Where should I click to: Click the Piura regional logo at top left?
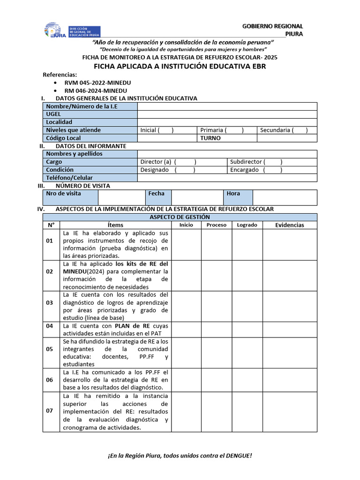pos(55,30)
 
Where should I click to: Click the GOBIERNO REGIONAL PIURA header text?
pos(272,30)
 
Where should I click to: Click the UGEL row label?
pos(53,114)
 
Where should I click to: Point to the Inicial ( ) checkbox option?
pos(157,130)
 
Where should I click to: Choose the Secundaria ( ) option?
pos(284,130)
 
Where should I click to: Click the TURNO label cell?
pos(210,138)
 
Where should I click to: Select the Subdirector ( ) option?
pos(256,162)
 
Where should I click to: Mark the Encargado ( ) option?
pos(256,170)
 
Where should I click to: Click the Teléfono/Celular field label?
pos(69,178)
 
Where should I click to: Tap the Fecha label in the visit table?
pos(157,193)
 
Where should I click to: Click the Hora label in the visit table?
pos(233,193)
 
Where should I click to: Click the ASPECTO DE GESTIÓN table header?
pos(180,217)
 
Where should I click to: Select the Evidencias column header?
pos(289,225)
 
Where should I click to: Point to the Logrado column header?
pos(247,225)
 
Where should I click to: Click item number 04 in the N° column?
pos(50,325)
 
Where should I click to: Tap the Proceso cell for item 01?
pos(217,244)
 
